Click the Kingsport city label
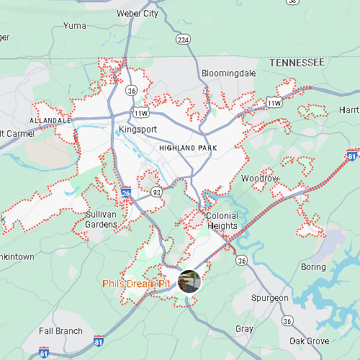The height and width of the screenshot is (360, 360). coord(137,130)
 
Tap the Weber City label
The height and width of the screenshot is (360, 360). coord(137,13)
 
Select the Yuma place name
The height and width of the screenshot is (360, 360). coord(74,25)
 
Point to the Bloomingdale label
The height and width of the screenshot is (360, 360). coord(228,73)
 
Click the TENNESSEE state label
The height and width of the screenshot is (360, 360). coord(297,63)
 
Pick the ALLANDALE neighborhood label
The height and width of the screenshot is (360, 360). coord(50,120)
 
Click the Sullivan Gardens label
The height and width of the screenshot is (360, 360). coord(102,220)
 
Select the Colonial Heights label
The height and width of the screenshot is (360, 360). coord(222,220)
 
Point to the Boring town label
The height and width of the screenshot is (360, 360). coord(313,267)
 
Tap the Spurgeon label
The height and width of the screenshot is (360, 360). coord(270,298)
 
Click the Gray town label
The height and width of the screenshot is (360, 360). coord(244,329)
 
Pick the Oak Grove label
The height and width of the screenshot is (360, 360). coord(309,341)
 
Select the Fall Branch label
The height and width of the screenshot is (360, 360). coord(60,331)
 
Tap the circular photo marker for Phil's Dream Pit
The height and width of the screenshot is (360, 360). coord(190,282)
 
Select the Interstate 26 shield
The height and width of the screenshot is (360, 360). coord(126,193)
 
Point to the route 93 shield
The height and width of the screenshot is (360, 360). coord(156,192)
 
